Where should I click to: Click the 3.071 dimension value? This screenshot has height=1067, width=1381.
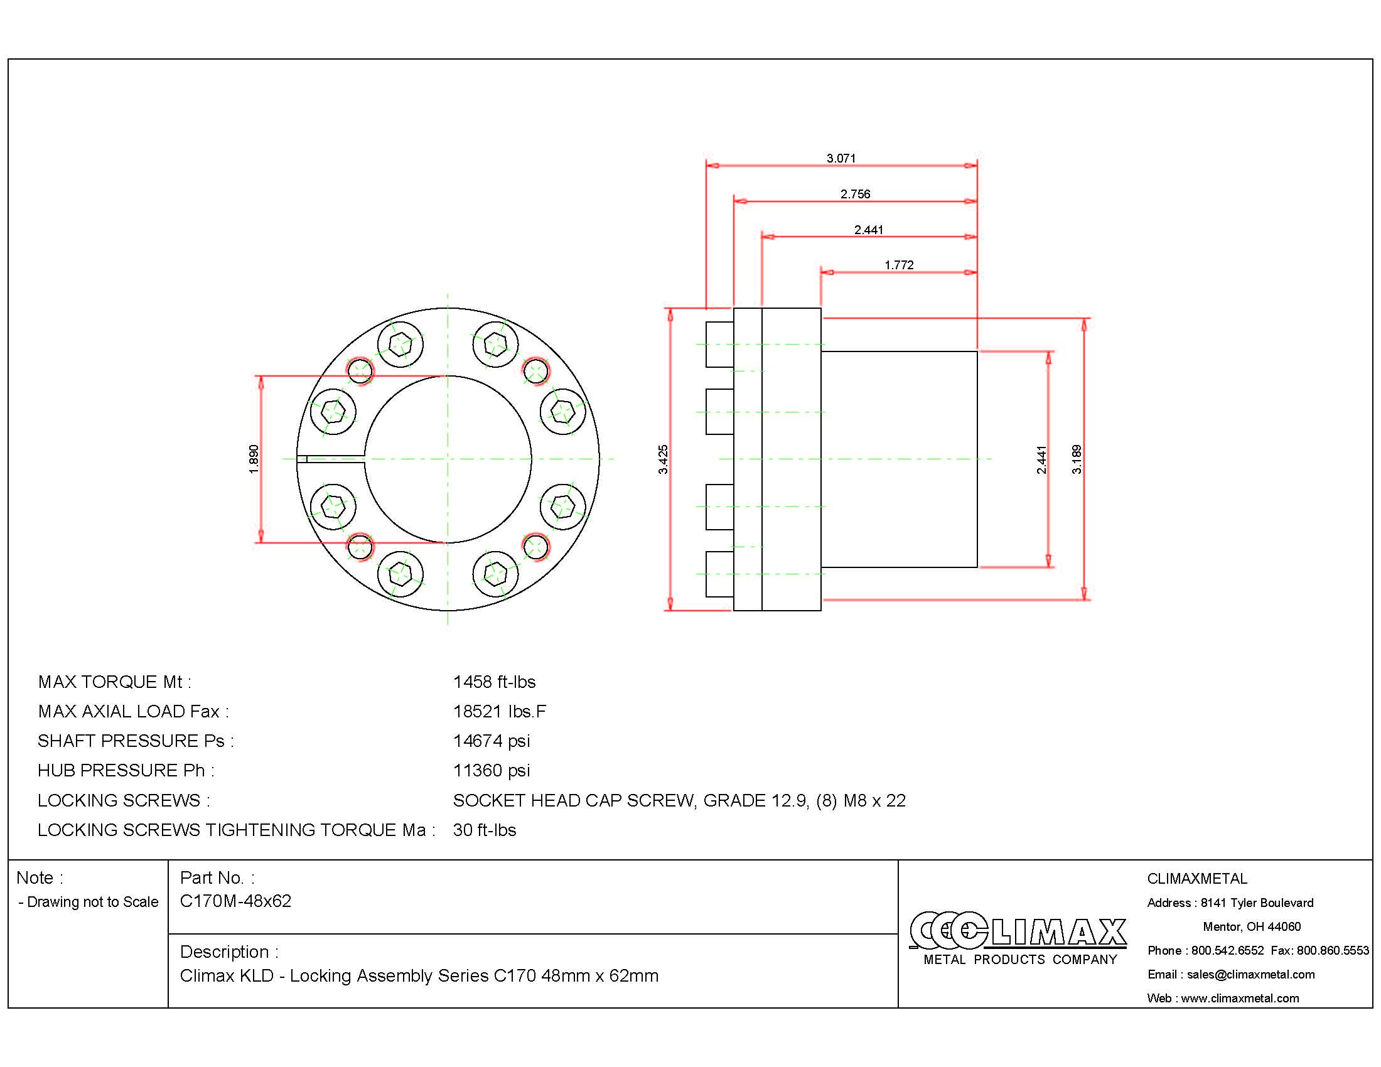[x=841, y=158]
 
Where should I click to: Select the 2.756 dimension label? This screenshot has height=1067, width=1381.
[x=855, y=194]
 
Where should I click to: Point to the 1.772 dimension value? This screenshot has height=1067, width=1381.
[x=898, y=265]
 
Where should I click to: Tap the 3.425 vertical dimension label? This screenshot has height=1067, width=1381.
[x=663, y=459]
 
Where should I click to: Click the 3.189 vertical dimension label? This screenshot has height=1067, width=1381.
[x=1077, y=459]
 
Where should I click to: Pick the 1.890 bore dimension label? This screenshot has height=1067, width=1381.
[x=254, y=459]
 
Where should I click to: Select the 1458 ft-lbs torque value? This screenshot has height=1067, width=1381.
[x=494, y=682]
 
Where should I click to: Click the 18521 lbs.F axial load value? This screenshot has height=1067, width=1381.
[x=499, y=712]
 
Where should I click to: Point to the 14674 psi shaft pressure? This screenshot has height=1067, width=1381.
[x=492, y=741]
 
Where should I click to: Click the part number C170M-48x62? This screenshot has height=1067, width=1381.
[x=235, y=901]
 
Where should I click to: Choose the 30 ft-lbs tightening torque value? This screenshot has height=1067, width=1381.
[x=485, y=830]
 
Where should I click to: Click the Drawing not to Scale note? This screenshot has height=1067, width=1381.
[x=92, y=902]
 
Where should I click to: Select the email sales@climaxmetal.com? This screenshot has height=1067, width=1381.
[x=1250, y=974]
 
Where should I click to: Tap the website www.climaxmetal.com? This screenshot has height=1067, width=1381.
[x=1239, y=998]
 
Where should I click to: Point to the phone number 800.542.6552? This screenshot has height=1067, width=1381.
[x=1227, y=950]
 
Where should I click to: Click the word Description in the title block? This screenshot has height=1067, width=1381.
[x=225, y=952]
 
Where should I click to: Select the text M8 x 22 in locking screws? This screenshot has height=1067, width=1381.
[x=874, y=801]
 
